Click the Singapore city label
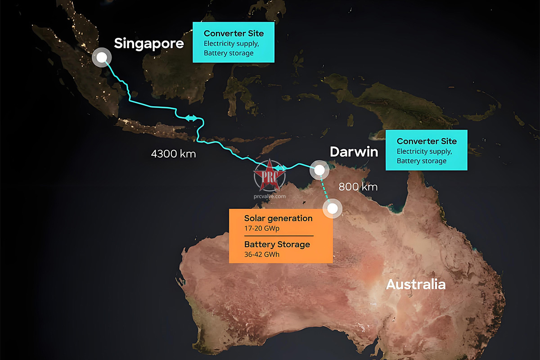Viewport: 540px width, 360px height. [148, 44]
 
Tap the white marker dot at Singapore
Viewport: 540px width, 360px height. [102, 58]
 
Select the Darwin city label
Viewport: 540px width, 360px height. [353, 152]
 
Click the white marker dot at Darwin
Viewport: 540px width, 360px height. [319, 170]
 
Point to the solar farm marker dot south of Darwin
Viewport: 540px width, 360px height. [333, 208]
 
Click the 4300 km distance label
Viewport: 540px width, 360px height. [173, 154]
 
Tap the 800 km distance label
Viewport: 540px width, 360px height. [358, 186]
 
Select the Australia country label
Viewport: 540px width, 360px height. [415, 284]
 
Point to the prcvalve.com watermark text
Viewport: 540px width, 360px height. [270, 196]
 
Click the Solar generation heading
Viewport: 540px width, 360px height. [278, 218]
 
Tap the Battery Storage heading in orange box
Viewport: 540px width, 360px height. [277, 245]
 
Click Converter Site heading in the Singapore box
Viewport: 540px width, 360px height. [234, 34]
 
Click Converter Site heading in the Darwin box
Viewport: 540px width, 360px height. [427, 141]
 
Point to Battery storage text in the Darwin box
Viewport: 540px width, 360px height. [421, 161]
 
